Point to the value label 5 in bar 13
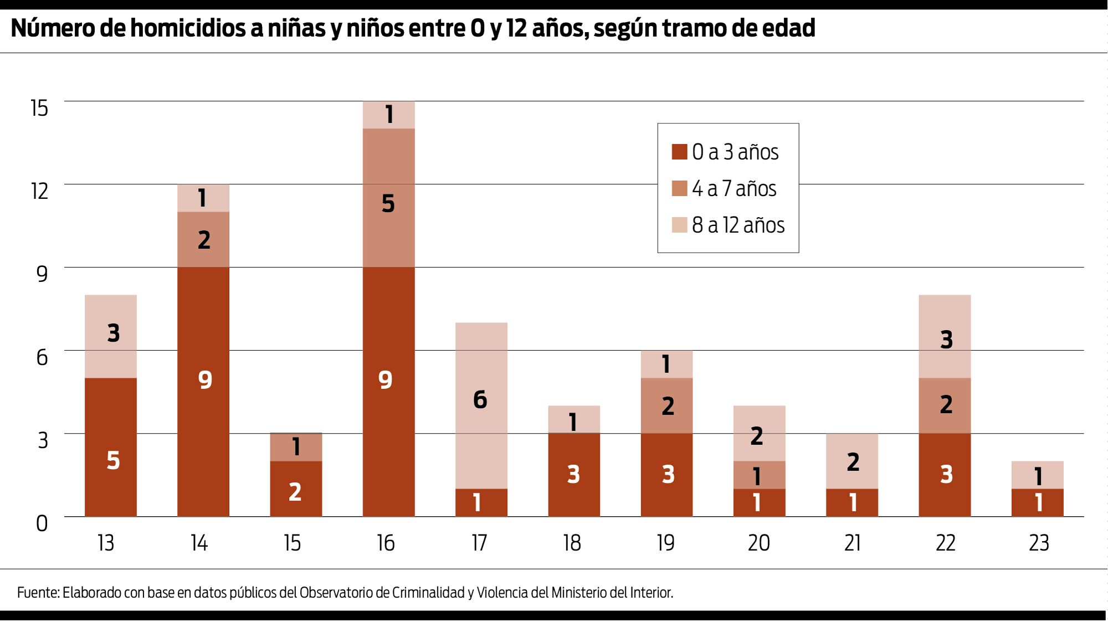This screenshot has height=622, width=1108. coord(113,461)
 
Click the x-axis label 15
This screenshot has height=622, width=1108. coord(292,543)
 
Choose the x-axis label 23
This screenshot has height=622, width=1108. coord(1039,543)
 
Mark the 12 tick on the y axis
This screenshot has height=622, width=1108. coord(40,191)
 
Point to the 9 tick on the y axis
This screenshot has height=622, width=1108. coord(42,274)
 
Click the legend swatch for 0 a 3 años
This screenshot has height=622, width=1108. coord(679,152)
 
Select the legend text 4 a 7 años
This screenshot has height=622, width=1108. coord(734,189)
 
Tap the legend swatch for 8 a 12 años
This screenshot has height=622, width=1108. coord(679,225)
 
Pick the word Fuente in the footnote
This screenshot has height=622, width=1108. coord(38,593)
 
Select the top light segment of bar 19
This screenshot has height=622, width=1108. coord(666,364)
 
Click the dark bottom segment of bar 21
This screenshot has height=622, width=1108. coord(852,503)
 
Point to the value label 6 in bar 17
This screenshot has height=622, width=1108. coord(480,400)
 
